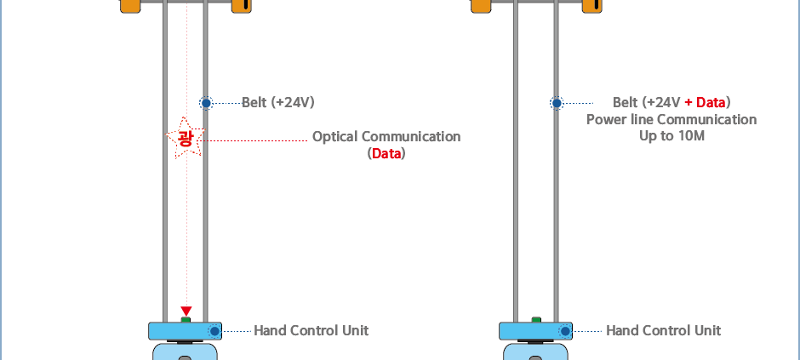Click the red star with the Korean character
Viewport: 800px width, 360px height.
click(185, 138)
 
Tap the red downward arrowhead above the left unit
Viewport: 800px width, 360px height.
click(186, 311)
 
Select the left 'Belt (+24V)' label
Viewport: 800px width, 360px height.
click(278, 103)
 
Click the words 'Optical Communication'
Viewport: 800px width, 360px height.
click(386, 137)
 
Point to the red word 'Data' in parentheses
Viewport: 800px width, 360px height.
click(386, 154)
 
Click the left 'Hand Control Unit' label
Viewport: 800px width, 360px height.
click(311, 330)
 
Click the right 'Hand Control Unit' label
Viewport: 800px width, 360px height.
click(663, 330)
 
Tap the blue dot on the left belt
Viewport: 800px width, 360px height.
click(206, 103)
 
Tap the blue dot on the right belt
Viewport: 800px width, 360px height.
click(557, 103)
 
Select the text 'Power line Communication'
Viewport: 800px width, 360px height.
click(671, 120)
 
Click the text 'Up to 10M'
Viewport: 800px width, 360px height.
click(671, 136)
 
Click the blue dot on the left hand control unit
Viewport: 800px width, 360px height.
click(214, 331)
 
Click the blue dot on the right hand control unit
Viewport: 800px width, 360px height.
click(564, 331)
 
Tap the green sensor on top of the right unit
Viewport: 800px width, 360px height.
click(536, 320)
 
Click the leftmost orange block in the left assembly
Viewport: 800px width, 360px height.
click(130, 6)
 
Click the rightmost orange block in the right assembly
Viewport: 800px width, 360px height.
click(592, 6)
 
